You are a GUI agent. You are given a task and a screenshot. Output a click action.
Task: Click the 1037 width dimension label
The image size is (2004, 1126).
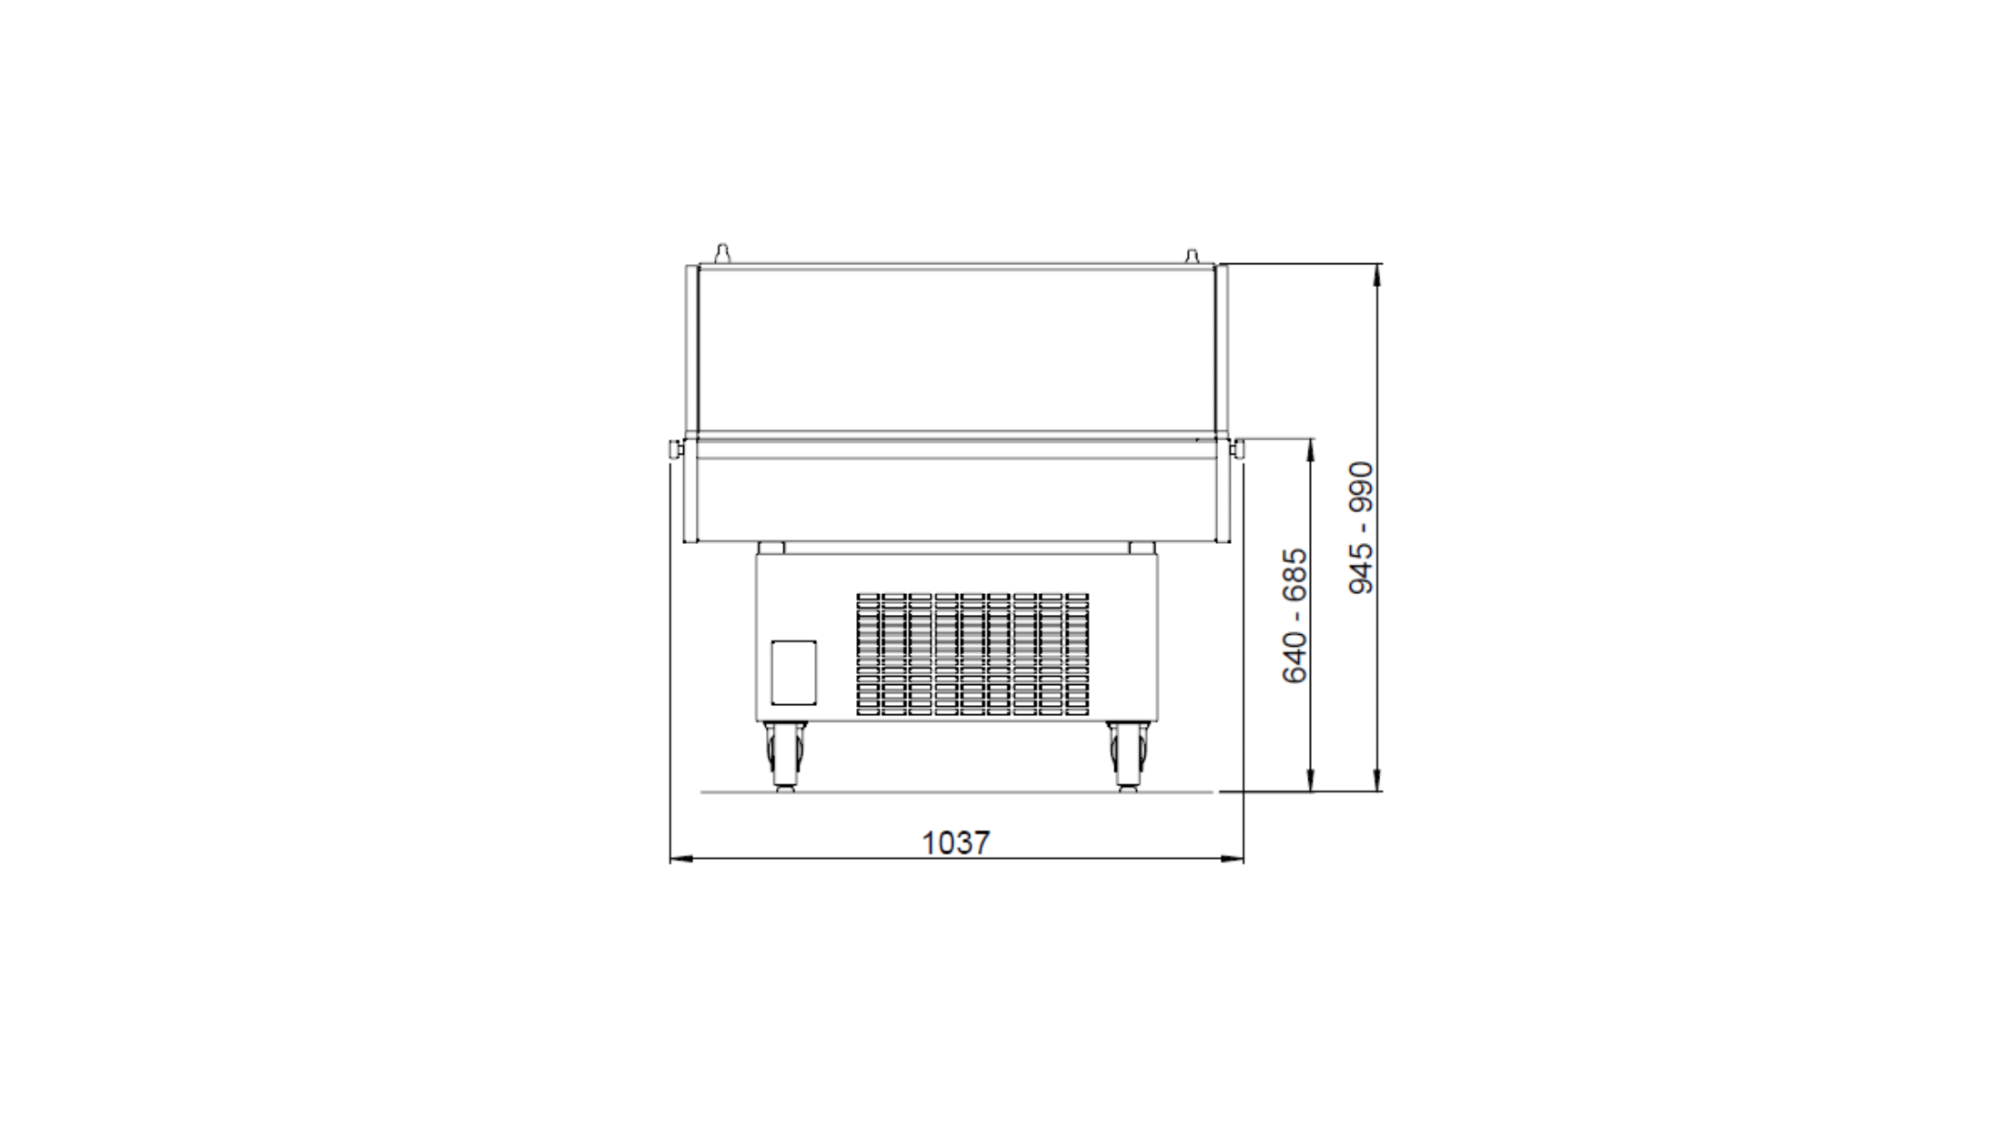pyautogui.click(x=956, y=843)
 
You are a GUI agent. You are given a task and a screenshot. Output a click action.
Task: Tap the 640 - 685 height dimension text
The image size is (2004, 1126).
pyautogui.click(x=1294, y=615)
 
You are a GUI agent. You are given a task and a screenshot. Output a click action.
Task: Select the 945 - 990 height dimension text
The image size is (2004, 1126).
pyautogui.click(x=1361, y=527)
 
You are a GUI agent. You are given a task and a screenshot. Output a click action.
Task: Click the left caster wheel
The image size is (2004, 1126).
pyautogui.click(x=783, y=756)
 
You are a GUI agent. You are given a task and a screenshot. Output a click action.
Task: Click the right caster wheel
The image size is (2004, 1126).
pyautogui.click(x=1129, y=756)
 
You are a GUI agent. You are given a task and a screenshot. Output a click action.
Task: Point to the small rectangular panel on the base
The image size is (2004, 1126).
pyautogui.click(x=793, y=672)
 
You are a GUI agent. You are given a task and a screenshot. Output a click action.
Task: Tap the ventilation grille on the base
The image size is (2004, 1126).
pyautogui.click(x=972, y=653)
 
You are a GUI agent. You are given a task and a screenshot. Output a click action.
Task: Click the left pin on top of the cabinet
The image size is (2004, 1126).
pyautogui.click(x=721, y=253)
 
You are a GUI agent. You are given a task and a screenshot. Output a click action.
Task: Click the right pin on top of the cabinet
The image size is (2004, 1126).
pyautogui.click(x=1191, y=254)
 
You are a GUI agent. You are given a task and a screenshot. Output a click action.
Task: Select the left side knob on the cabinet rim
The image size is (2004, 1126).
pyautogui.click(x=676, y=449)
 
